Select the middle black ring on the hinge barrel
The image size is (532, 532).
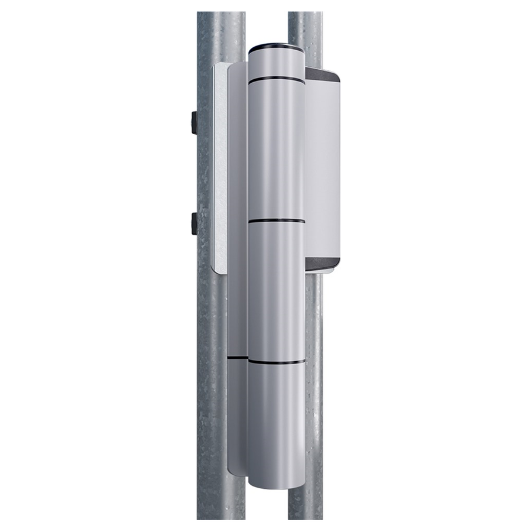tap(276, 221)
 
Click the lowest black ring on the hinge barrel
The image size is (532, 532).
tap(276, 361)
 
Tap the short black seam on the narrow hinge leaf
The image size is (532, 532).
tap(237, 358)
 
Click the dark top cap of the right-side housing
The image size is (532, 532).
tap(323, 75)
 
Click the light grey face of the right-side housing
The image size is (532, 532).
tap(323, 168)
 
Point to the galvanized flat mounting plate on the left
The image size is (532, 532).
tap(219, 168)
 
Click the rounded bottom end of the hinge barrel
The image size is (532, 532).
tap(276, 482)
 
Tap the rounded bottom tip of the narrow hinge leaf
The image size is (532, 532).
tap(237, 470)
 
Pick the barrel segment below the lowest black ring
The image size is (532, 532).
tap(276, 420)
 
